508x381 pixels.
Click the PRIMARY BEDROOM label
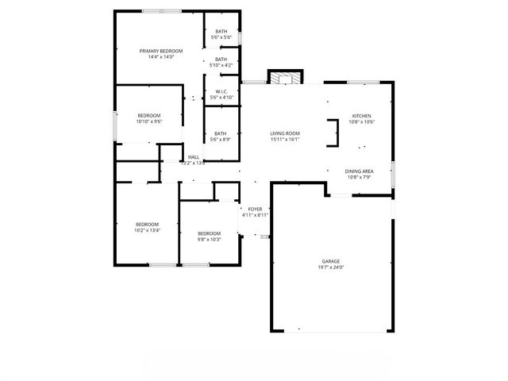tap(156, 51)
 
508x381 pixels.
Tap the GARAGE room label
tap(330, 261)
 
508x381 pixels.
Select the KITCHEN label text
tap(361, 116)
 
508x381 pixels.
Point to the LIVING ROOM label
tap(284, 133)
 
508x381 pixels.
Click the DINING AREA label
tap(359, 171)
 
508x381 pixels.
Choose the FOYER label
tap(255, 209)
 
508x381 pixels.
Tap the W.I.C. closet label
tap(221, 91)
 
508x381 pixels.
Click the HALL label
tap(194, 156)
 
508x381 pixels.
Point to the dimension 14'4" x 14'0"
tap(156, 57)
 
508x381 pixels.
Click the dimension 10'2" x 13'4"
tap(147, 230)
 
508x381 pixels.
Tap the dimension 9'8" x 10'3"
tap(209, 239)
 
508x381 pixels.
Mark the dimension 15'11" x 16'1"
tap(284, 139)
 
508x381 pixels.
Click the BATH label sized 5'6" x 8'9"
tap(221, 133)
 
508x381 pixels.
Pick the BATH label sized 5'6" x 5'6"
tap(221, 32)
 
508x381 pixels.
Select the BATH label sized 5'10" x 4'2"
tap(221, 59)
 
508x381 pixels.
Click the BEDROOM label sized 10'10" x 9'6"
tap(148, 116)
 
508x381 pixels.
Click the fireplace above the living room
tap(285, 78)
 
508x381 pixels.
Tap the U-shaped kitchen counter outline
tap(333, 133)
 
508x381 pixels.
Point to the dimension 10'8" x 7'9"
tap(359, 177)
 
